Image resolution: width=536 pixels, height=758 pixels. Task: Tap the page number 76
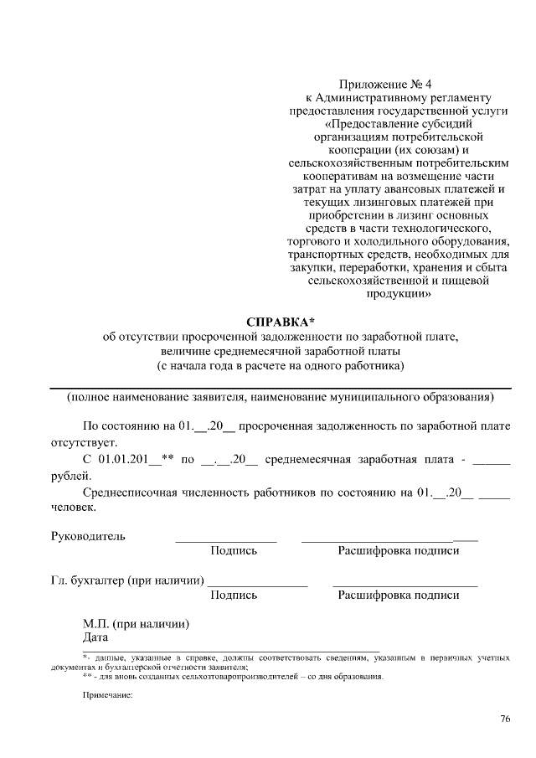pos(504,719)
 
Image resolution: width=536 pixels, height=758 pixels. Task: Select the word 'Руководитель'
pos(89,536)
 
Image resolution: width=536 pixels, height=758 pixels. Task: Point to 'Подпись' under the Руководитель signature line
pos(234,551)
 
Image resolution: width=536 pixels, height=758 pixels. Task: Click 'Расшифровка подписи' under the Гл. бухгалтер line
pos(398,596)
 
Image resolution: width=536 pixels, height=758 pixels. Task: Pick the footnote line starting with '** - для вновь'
pos(233,677)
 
